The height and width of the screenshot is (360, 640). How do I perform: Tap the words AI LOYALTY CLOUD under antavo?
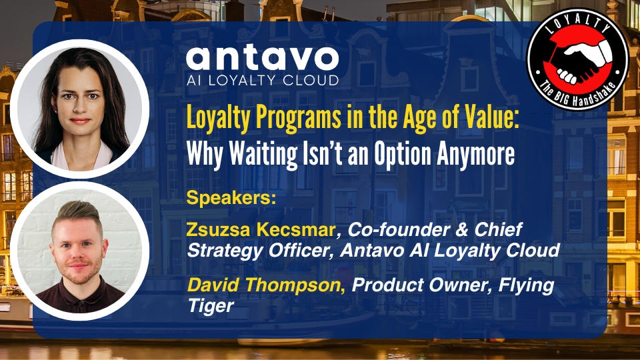(263, 81)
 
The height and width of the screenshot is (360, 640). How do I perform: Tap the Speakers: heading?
(231, 199)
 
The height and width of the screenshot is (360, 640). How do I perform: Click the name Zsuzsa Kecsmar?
(261, 230)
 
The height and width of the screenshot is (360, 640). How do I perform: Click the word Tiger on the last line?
(211, 306)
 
